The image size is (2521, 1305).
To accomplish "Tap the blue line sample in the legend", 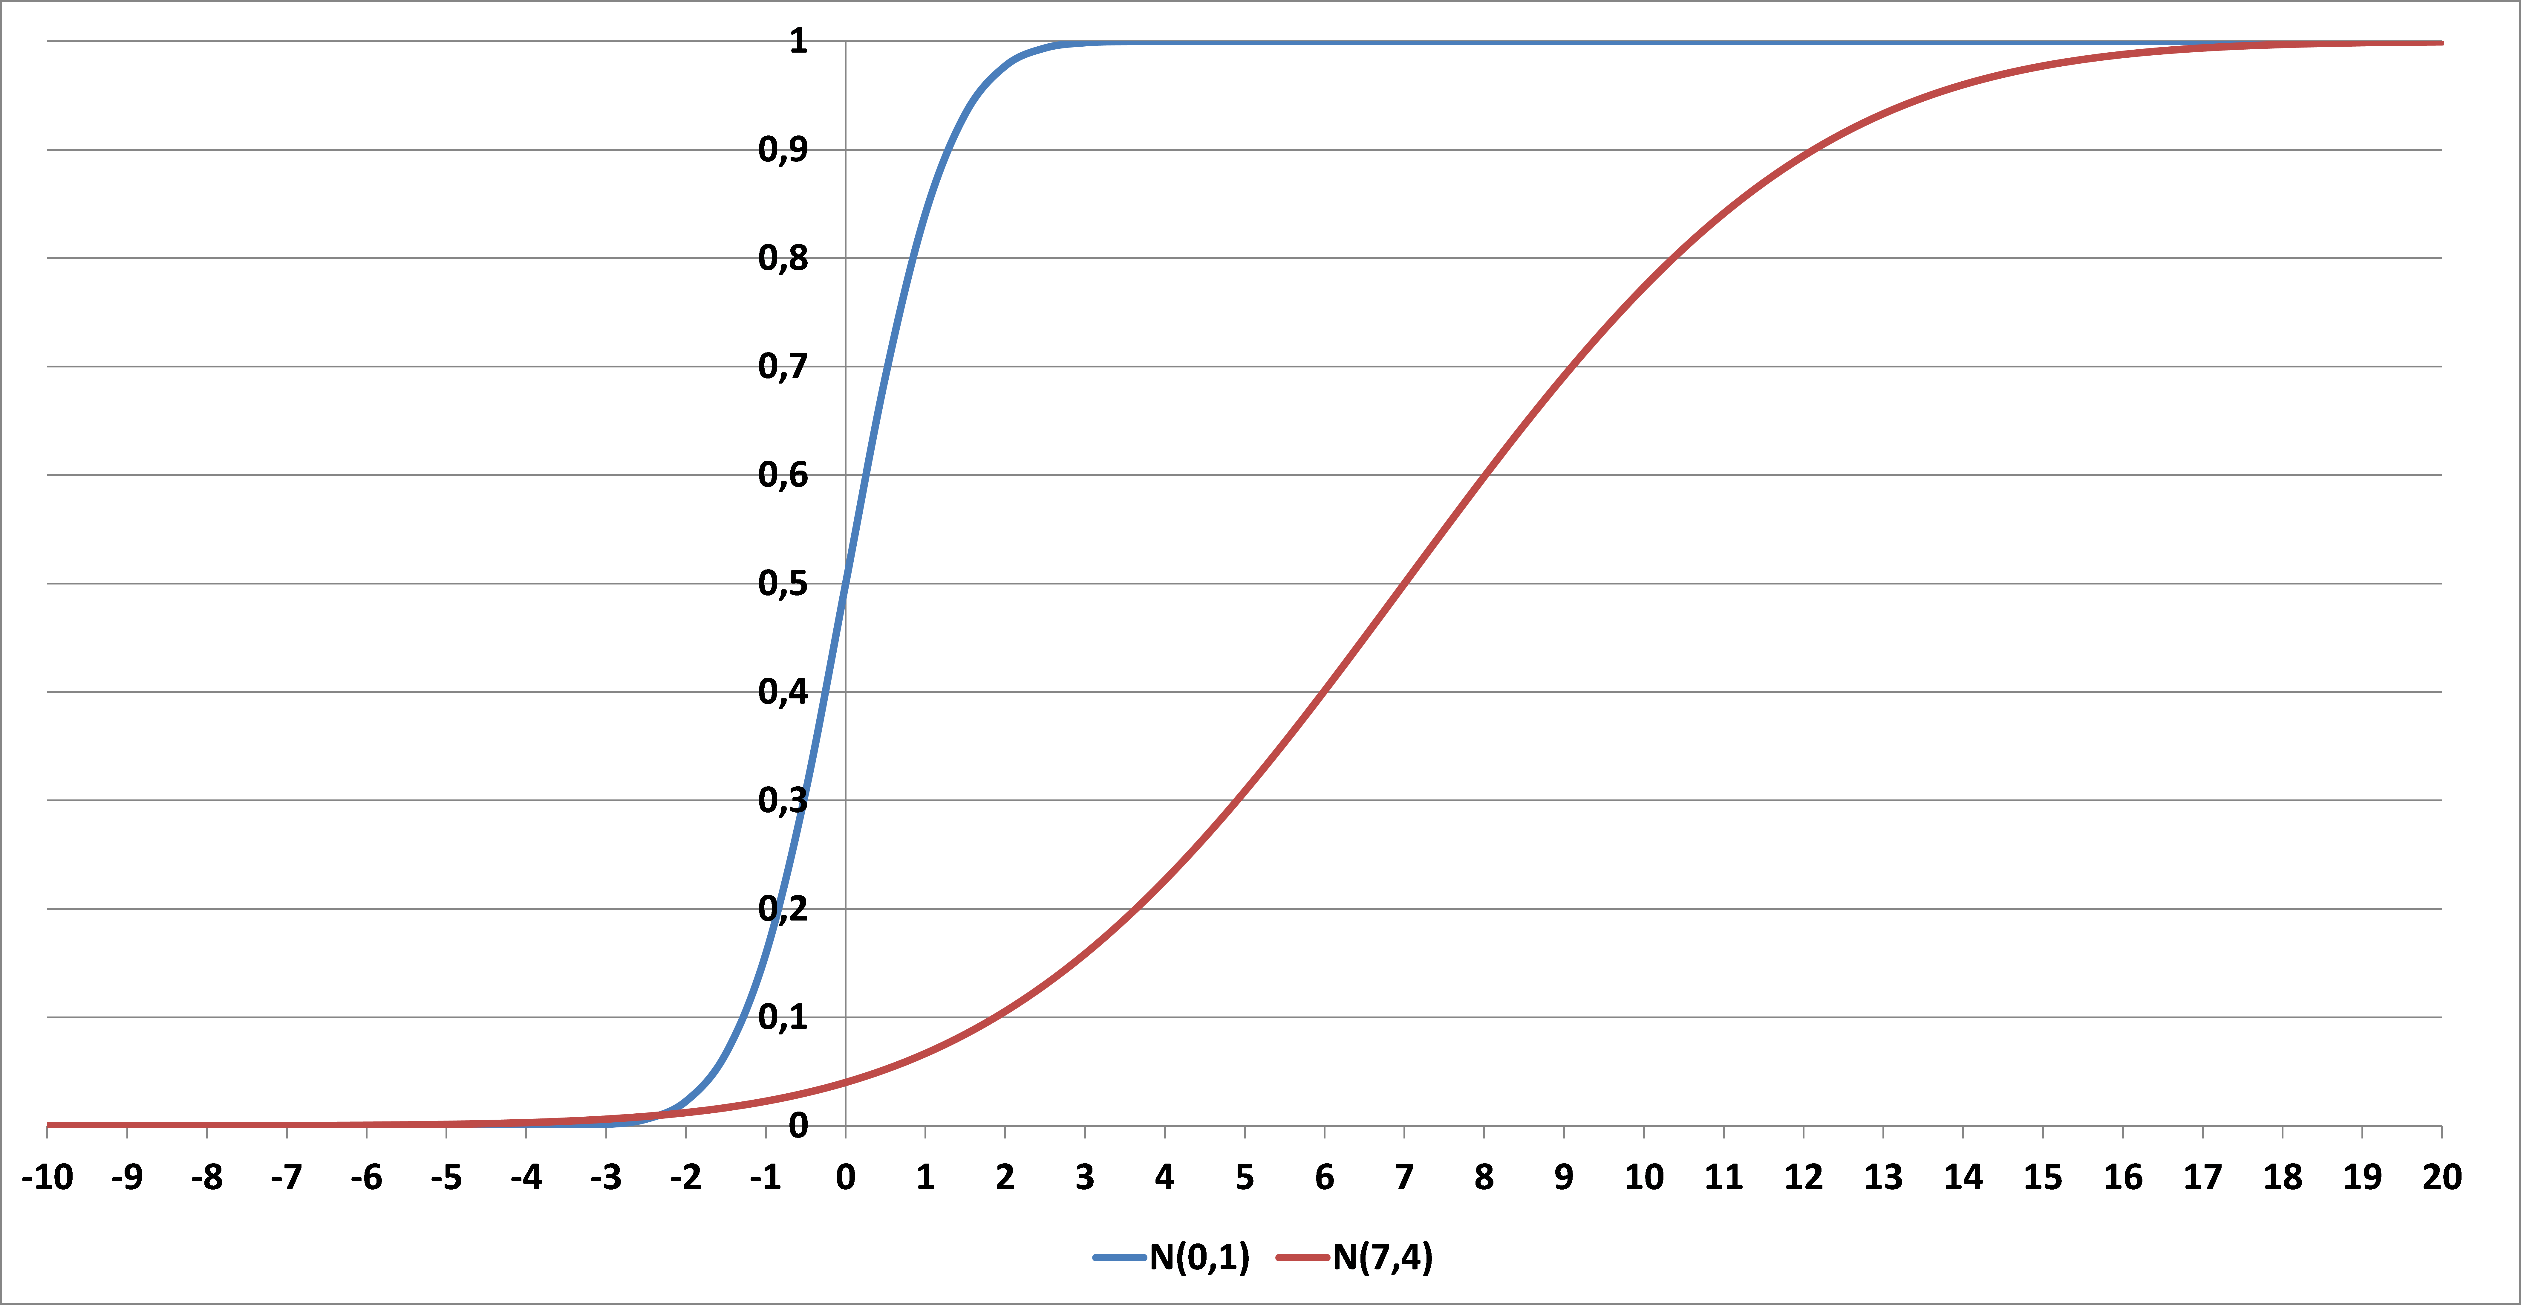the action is coord(1120,1257).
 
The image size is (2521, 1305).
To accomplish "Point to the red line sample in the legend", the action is coord(1302,1257).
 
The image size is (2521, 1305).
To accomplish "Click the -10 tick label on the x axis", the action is coord(47,1177).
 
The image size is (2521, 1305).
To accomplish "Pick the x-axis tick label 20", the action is coord(2442,1177).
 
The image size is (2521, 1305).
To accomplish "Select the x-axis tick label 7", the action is coord(1404,1177).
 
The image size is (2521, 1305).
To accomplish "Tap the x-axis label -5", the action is coord(446,1177).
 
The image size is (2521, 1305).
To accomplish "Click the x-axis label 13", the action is coord(1883,1177).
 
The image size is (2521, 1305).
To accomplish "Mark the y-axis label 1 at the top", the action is coord(799,41).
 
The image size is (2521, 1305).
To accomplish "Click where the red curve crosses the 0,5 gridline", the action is coord(1404,584).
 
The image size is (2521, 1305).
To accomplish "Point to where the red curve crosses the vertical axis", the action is coord(846,1082).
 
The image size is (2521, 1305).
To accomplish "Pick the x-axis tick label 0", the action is coord(846,1177).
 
